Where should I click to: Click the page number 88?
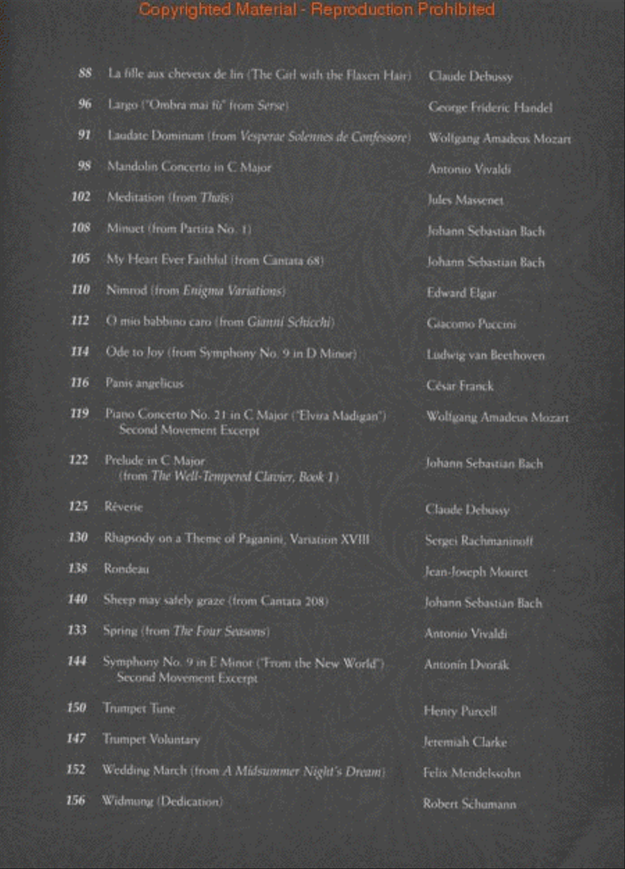point(85,74)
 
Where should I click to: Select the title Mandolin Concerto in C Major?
point(189,167)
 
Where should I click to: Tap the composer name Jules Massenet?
point(465,201)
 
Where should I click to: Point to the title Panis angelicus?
point(144,382)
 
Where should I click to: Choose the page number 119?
point(80,414)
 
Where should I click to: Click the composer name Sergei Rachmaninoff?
point(478,541)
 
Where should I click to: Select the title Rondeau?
point(126,568)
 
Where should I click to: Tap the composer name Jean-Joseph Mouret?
point(476,572)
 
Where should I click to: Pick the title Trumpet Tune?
point(139,708)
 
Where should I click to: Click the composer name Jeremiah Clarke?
point(465,742)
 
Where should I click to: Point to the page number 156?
point(76,800)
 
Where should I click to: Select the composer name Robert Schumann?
point(469,804)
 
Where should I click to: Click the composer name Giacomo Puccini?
point(471,324)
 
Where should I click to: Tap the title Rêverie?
point(124,507)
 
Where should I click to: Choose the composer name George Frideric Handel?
point(490,108)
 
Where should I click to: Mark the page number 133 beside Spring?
point(77,630)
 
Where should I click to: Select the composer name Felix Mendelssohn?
point(472,773)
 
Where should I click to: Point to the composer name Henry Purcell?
point(460,711)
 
